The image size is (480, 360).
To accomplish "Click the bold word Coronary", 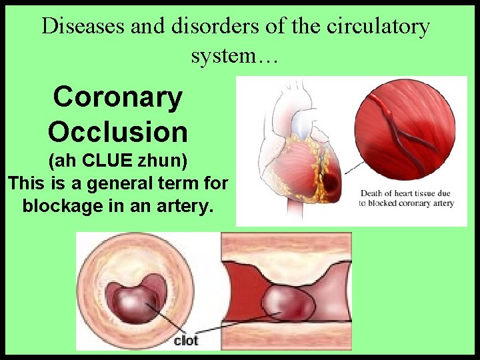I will click(118, 97).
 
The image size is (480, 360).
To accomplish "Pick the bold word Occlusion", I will click(118, 132).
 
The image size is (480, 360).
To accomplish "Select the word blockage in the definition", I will click(64, 205).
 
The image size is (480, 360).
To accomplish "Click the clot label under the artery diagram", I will click(186, 341).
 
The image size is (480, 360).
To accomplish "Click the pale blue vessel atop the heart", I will click(304, 123).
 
